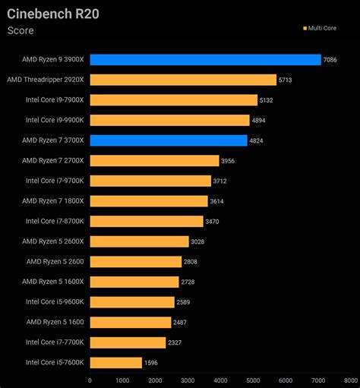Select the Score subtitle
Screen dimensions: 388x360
[x=21, y=31]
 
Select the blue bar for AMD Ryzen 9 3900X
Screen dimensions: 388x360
[x=205, y=59]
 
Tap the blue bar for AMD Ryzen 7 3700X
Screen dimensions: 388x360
[x=168, y=140]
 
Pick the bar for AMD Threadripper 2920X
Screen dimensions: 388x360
[x=183, y=80]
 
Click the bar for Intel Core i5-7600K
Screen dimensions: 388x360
[x=115, y=362]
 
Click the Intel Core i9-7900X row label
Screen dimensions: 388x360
[x=55, y=99]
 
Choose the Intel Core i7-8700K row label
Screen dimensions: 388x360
[x=55, y=221]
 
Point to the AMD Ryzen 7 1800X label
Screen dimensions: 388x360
[x=53, y=200]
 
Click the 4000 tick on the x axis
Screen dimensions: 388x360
[x=220, y=380]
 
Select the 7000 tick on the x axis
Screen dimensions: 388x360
[x=318, y=380]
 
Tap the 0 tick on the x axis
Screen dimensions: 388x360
[x=90, y=380]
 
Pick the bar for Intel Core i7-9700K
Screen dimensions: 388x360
[x=150, y=181]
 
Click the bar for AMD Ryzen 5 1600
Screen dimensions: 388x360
[x=130, y=322]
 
